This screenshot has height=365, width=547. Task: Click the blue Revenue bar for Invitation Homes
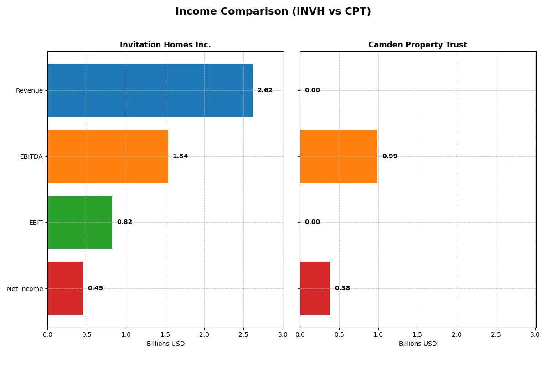point(150,90)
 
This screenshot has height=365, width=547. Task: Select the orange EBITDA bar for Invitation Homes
point(108,156)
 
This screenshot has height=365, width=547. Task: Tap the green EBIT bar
point(80,222)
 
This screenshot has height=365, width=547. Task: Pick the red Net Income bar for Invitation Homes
point(65,288)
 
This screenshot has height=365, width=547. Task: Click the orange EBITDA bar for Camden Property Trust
point(339,156)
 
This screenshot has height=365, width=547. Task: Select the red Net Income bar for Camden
point(315,288)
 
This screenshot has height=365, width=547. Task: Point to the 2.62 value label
point(265,90)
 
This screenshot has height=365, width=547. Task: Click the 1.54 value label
point(180,156)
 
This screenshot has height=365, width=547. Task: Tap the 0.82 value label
point(124,222)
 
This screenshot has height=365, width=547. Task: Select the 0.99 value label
point(390,156)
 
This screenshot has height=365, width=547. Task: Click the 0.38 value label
point(342,288)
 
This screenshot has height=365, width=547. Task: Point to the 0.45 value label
point(95,288)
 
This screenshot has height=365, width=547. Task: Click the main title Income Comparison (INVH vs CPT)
point(273,11)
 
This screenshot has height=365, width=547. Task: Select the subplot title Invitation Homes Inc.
point(165,45)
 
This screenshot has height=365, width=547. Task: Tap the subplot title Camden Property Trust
point(418,45)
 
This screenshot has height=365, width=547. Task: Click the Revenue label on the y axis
point(29,90)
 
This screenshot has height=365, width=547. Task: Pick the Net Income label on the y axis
point(25,289)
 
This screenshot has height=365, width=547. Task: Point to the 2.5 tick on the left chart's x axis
point(243,334)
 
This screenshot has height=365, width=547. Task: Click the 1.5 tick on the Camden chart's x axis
point(418,334)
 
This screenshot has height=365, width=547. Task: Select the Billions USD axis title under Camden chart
point(418,344)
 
